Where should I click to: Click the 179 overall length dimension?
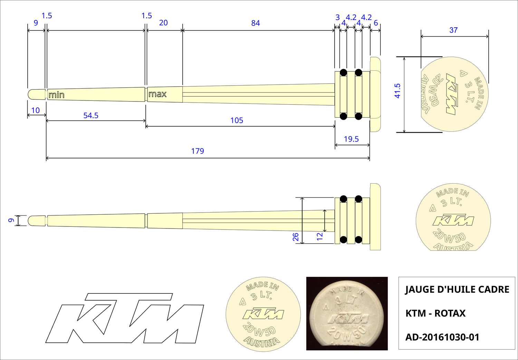tap(198, 151)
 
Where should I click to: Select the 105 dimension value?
tap(237, 120)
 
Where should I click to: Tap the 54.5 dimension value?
tap(91, 116)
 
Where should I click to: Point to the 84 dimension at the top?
tap(256, 23)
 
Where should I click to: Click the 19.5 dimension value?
tap(351, 139)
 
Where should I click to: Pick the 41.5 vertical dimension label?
tap(397, 91)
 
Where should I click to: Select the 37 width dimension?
tap(453, 30)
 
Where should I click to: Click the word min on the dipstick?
tap(56, 95)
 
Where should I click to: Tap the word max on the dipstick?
tap(157, 94)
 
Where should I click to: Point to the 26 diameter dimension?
tap(296, 237)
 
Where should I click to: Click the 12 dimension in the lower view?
tap(320, 236)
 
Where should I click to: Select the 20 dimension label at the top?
tap(163, 23)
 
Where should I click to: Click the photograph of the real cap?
tap(347, 313)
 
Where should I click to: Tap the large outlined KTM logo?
tap(124, 318)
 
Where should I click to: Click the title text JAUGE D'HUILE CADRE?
tap(457, 290)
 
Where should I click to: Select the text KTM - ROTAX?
tap(435, 313)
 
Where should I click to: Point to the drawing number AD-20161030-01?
tap(442, 337)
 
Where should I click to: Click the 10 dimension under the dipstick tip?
tap(36, 110)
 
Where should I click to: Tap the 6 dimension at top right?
tap(376, 23)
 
